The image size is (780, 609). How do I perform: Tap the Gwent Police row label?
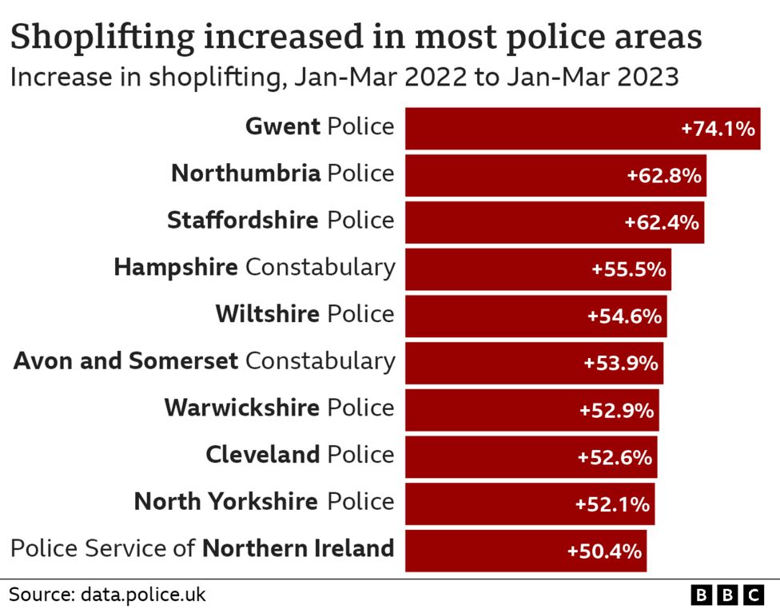(320, 126)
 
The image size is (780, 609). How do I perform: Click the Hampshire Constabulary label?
(254, 267)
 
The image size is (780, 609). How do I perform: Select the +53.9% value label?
(621, 363)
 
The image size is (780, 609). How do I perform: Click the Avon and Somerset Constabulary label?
(205, 361)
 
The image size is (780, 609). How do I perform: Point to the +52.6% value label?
(615, 457)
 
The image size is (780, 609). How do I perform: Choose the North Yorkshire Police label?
(264, 502)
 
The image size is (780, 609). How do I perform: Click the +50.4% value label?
(604, 551)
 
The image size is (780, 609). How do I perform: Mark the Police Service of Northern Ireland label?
(202, 549)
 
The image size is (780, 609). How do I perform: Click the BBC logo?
(727, 595)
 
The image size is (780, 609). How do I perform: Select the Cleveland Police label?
(300, 456)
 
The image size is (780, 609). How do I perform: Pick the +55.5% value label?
(628, 269)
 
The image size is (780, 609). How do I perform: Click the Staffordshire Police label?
(281, 221)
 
